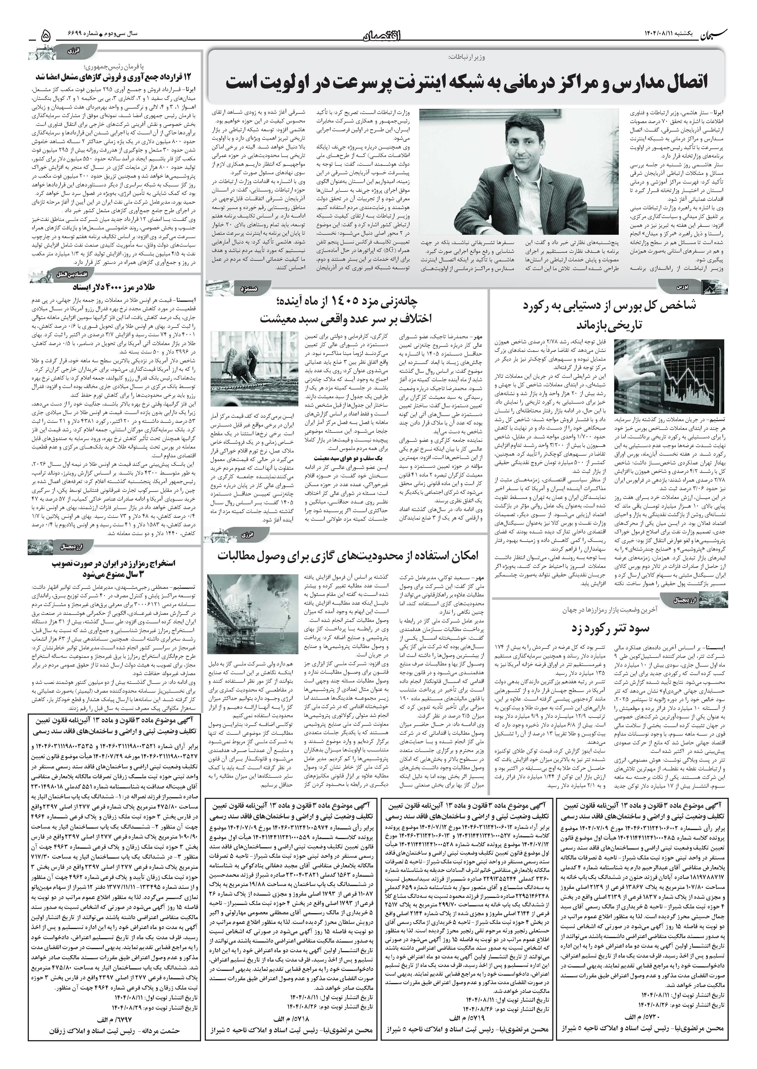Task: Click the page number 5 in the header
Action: click(x=45, y=35)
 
